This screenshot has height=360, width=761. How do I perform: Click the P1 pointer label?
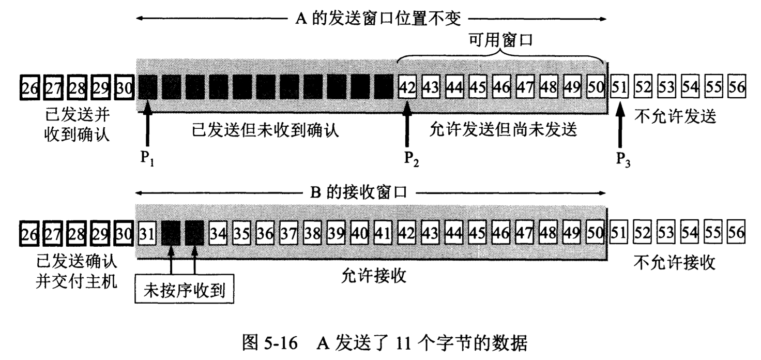click(147, 158)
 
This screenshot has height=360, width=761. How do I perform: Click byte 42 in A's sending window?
click(408, 87)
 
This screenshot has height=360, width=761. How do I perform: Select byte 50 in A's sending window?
click(596, 87)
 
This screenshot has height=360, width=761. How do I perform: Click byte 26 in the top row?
click(29, 87)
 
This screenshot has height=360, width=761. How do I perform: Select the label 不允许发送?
click(675, 117)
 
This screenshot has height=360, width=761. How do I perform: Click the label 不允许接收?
click(675, 263)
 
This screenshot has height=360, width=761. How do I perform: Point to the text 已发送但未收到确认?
click(265, 130)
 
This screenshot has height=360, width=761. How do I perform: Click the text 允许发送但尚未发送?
click(503, 130)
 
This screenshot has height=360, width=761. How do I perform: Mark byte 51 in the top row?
click(619, 87)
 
